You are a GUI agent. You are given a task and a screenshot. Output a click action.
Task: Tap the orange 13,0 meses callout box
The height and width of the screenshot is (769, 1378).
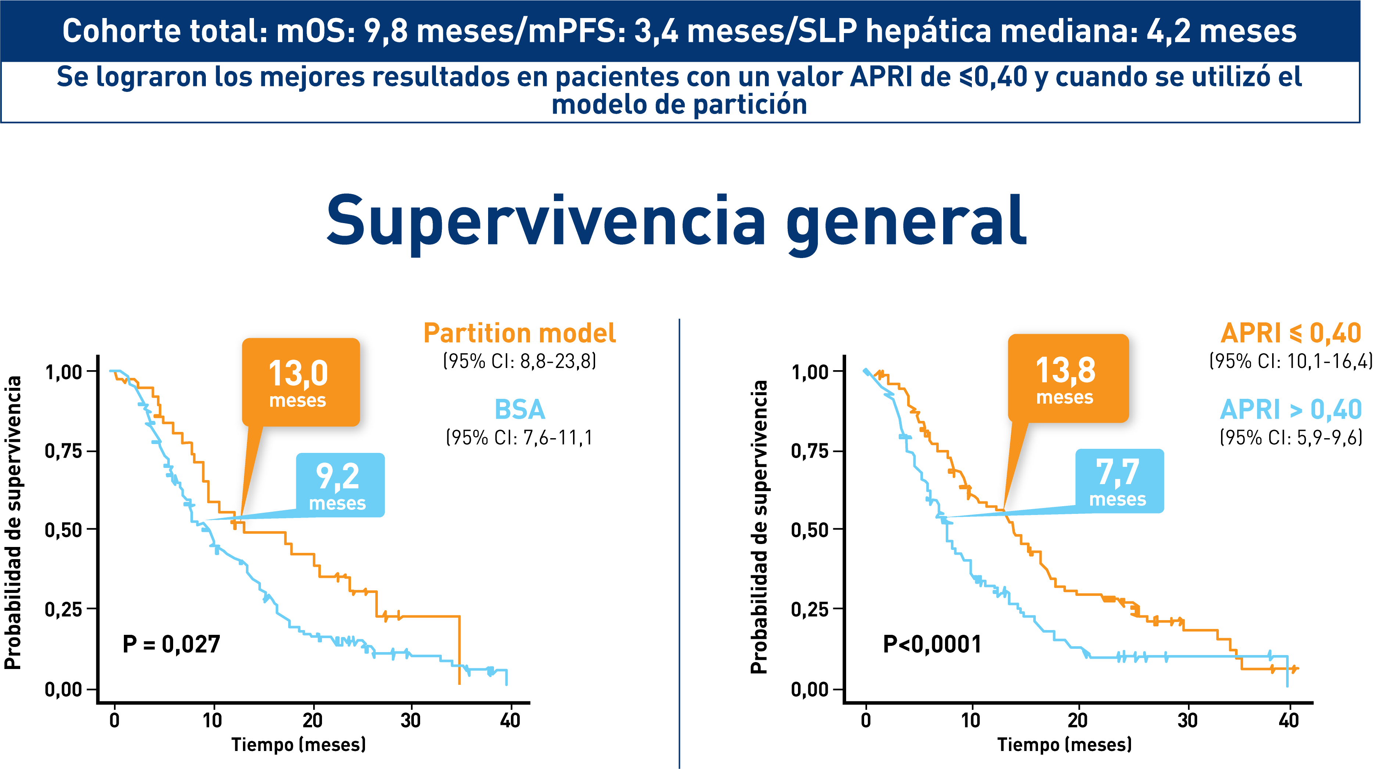(x=301, y=382)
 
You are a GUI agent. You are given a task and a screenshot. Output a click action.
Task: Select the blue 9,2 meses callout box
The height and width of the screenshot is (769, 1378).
(x=340, y=485)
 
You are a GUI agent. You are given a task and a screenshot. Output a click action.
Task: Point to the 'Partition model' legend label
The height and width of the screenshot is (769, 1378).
(x=519, y=333)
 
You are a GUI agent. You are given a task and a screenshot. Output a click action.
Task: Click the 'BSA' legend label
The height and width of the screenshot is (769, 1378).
(x=519, y=410)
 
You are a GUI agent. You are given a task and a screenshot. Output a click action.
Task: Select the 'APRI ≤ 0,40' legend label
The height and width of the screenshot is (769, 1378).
(x=1290, y=333)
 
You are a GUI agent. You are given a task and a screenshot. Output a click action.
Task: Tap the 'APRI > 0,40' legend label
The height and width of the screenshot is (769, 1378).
(x=1290, y=410)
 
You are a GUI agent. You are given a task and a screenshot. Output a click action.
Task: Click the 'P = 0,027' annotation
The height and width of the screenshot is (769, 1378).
(x=171, y=644)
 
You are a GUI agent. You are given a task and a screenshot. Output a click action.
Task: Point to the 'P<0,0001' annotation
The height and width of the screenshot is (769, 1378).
(x=932, y=644)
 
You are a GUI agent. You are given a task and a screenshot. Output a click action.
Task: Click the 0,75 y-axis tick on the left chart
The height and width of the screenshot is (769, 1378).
(x=64, y=451)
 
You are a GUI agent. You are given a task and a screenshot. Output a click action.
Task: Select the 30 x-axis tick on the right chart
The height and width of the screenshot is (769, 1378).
(x=1187, y=720)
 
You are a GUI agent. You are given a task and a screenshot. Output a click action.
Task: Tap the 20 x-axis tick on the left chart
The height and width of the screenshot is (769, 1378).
(x=312, y=720)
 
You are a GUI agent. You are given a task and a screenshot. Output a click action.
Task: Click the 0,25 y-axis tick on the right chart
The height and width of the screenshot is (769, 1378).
(x=810, y=609)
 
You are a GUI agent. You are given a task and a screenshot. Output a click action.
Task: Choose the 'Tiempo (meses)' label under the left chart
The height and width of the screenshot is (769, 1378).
(x=298, y=744)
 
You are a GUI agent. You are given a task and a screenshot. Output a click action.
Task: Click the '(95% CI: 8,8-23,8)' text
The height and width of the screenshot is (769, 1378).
(x=519, y=361)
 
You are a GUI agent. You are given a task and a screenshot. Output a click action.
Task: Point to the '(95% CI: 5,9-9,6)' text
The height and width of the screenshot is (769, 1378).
(x=1290, y=438)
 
